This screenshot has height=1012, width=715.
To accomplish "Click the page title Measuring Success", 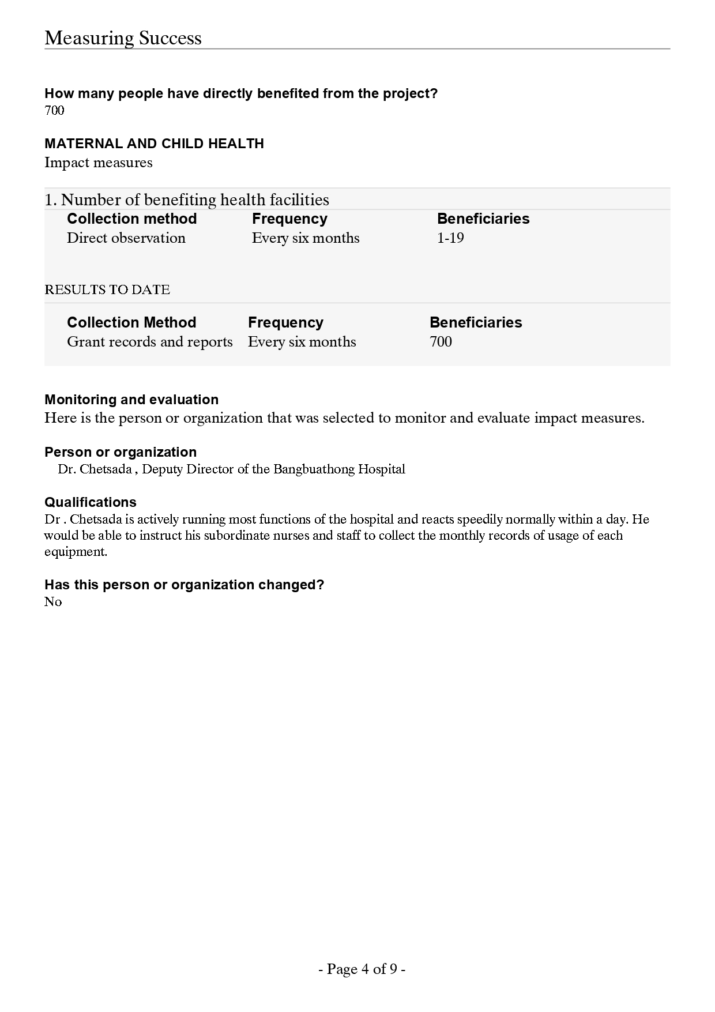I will (x=123, y=38).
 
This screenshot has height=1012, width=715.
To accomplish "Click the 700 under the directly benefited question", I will (x=54, y=110).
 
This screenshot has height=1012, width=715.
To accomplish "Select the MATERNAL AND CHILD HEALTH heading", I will (x=154, y=144).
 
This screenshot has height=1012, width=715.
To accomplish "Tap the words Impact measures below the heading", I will (x=98, y=163).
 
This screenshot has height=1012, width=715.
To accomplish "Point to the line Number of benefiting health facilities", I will (x=186, y=200).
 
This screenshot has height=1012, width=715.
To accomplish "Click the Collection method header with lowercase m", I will (x=131, y=219).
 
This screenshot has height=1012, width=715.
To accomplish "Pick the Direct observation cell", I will (x=126, y=238).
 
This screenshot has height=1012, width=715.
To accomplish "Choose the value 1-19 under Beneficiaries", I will (x=450, y=238).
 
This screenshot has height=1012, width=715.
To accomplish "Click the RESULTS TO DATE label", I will (x=107, y=289).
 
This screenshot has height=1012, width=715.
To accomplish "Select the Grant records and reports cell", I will (x=149, y=342).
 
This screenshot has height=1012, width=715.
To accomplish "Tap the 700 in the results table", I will (x=441, y=342).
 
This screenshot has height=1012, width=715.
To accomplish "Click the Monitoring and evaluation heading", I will (x=131, y=400).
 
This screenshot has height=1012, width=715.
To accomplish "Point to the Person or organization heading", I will (x=121, y=452).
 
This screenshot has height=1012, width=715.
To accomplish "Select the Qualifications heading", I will (x=91, y=502).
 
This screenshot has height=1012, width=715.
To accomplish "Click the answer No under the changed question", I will (x=52, y=601).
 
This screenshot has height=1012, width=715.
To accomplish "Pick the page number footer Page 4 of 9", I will (x=362, y=969).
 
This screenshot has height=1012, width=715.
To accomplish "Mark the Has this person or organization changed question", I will (x=184, y=585).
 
